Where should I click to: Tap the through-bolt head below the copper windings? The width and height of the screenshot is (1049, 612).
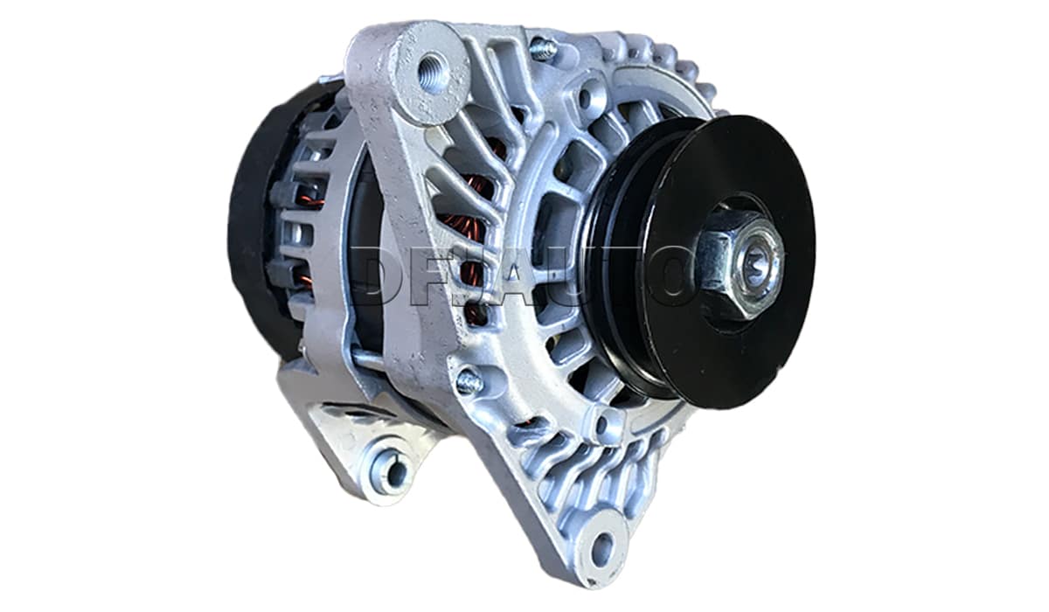[469, 379]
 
